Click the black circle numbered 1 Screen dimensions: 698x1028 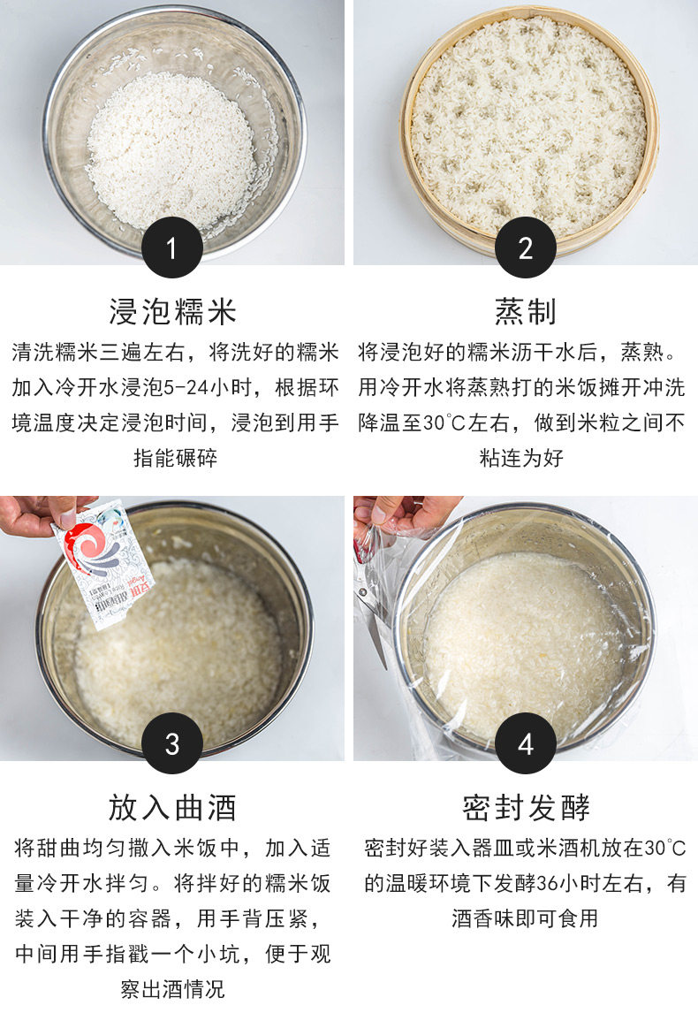[171, 247]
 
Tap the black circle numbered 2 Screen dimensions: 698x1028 [526, 247]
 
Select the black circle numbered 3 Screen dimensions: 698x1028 [171, 743]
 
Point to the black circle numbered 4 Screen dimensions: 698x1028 [526, 743]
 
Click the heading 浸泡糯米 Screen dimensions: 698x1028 [172, 311]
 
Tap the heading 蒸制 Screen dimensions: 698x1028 [526, 311]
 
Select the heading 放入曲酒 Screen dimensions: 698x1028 [172, 807]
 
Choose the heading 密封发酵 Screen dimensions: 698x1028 [526, 807]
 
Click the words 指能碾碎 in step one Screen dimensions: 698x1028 [175, 458]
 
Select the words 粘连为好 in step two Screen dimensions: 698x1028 [521, 458]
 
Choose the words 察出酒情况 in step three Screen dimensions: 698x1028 [172, 988]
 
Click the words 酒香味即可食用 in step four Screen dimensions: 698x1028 [525, 918]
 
